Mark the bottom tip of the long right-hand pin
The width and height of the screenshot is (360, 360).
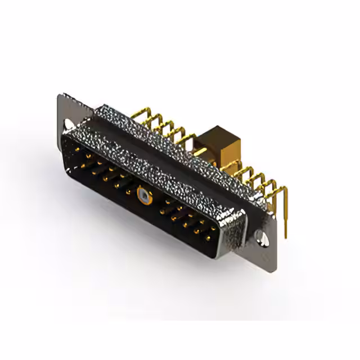coord(287,235)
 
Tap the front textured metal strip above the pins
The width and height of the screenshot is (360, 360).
coord(141,163)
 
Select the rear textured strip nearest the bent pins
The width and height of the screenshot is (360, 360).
coord(169,138)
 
